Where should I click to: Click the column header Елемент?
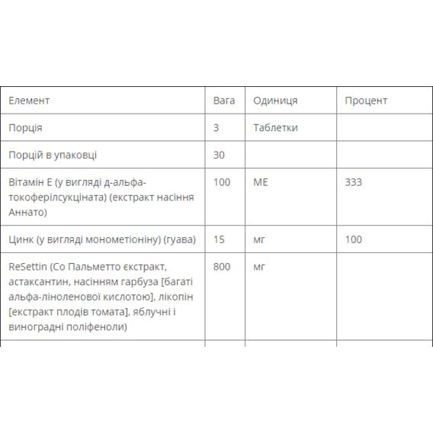click(x=29, y=101)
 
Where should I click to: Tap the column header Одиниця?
click(x=275, y=101)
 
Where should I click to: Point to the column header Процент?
click(x=366, y=101)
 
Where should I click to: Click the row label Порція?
click(x=25, y=128)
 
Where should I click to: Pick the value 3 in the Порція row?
click(x=216, y=128)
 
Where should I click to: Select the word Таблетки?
click(x=275, y=128)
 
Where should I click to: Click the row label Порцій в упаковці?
click(x=53, y=155)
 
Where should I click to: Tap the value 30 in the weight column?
click(x=220, y=155)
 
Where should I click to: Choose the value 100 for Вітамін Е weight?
click(x=222, y=182)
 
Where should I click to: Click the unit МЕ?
click(x=260, y=182)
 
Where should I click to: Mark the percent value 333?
click(x=353, y=182)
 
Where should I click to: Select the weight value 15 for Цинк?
click(x=220, y=239)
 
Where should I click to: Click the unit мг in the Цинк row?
click(x=258, y=239)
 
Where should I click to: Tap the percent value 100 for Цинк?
click(x=353, y=239)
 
